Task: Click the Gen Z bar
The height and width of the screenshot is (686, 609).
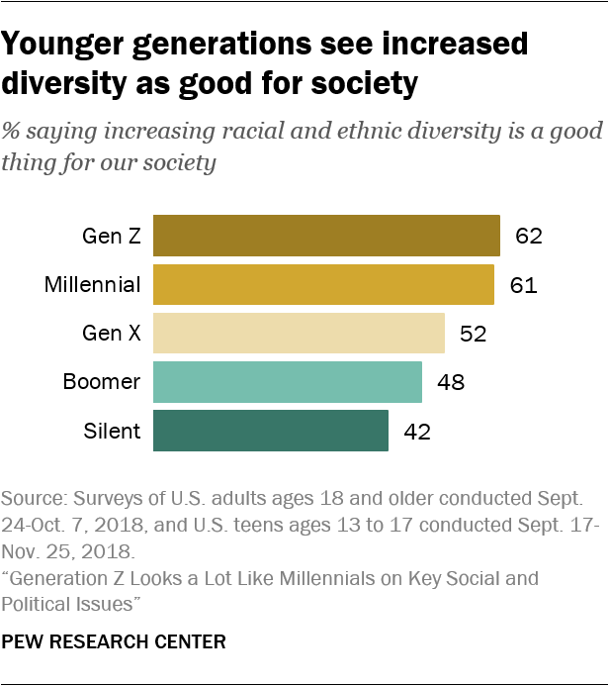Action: (326, 236)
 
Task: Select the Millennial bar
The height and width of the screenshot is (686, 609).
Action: (323, 285)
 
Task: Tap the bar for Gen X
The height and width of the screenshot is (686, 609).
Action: (299, 334)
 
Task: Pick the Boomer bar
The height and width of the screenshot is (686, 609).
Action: (288, 382)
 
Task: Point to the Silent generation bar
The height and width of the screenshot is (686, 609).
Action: (271, 431)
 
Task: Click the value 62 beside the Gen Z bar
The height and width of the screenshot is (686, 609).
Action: (530, 237)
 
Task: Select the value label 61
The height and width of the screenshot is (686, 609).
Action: (523, 285)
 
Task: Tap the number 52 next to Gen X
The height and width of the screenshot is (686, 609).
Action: (475, 335)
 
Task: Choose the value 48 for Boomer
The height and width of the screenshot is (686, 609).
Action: (452, 383)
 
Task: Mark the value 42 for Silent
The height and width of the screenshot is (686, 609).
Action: (418, 432)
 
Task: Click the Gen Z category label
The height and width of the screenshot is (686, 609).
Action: (112, 237)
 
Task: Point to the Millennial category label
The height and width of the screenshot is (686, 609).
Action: (93, 285)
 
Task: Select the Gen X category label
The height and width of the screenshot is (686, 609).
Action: (111, 335)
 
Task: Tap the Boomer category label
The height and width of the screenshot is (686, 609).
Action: (102, 383)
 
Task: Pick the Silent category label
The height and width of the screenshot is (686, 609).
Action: (113, 432)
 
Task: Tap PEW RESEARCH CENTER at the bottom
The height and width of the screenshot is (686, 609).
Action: (113, 642)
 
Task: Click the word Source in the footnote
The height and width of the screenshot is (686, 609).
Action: (28, 495)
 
